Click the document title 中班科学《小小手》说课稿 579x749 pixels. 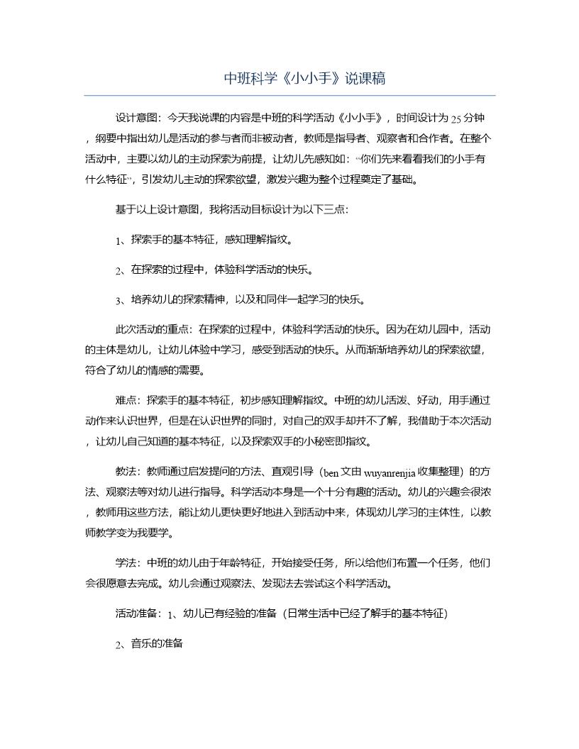pyautogui.click(x=304, y=78)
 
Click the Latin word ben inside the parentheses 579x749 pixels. pyautogui.click(x=331, y=472)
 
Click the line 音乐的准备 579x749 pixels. pyautogui.click(x=157, y=644)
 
